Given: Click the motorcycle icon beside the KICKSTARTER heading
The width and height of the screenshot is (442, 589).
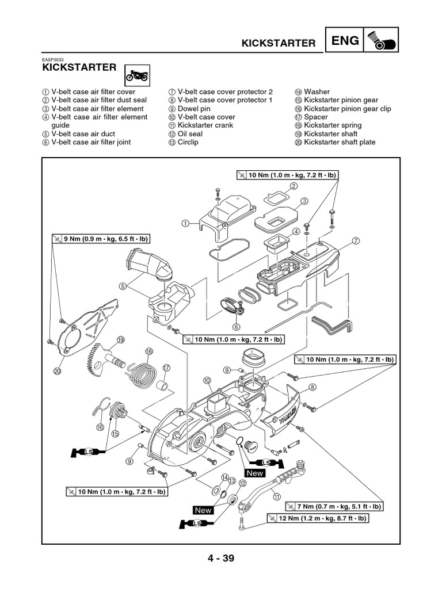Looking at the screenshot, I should (x=136, y=75).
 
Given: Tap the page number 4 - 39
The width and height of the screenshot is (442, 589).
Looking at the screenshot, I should (x=220, y=557).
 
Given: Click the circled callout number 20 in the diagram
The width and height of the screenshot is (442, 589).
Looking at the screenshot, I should (x=57, y=372).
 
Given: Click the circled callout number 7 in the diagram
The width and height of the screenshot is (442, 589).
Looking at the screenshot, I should (x=356, y=240).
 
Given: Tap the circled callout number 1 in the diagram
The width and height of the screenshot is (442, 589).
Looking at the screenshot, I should (x=185, y=223).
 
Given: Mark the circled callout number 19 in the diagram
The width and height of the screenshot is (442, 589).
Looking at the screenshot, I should (x=120, y=340).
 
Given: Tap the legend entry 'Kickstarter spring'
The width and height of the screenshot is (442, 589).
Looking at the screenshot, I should (x=333, y=125).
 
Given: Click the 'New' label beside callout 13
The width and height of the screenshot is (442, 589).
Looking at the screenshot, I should (x=203, y=510).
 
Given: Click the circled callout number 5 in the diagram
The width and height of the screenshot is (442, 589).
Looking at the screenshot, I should (x=123, y=285).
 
